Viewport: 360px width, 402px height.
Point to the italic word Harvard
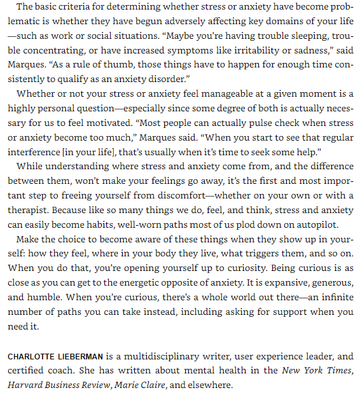click(26, 384)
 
